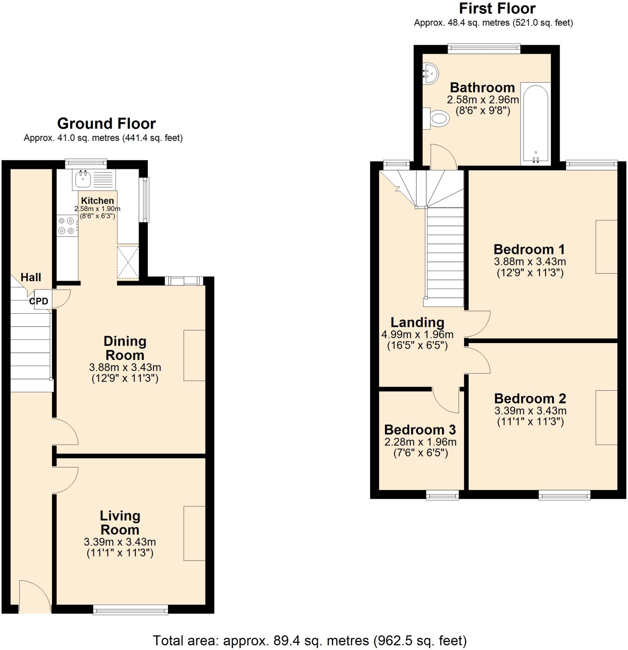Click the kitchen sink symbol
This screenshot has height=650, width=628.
point(82,179)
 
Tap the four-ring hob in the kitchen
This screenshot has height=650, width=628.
point(66,226)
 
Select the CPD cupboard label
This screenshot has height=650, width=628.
point(39,301)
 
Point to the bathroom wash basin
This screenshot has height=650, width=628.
point(430,74)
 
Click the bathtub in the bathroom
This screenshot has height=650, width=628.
point(535,124)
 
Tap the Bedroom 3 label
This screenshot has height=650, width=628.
point(420,429)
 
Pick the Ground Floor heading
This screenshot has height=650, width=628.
point(106,124)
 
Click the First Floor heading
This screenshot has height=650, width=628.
point(497,9)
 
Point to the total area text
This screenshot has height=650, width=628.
point(309,640)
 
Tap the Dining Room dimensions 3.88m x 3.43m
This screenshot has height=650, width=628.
point(125,367)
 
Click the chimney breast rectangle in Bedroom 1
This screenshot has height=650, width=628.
point(606,247)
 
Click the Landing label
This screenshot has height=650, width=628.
point(417,322)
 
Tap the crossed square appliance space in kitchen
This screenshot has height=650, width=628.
point(127,262)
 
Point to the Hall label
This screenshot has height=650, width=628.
point(31,277)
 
